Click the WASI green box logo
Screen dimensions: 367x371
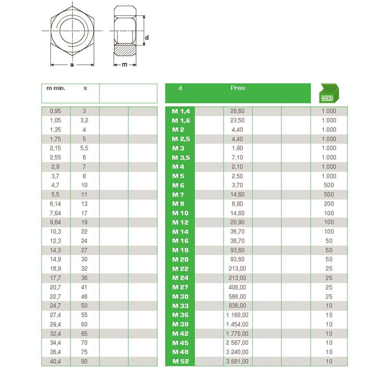coord(329,93)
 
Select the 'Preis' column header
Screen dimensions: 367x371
coord(238,88)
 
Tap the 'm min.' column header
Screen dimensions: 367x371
coord(56,88)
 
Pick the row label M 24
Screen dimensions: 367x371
coord(180,278)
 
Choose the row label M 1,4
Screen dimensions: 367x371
coord(181,111)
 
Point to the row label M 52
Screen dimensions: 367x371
coord(180,362)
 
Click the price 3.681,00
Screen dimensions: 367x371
coord(238,362)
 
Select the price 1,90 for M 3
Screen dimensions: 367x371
coord(237,148)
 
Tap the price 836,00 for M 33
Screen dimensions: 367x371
coord(237,306)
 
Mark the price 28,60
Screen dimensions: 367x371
coord(237,111)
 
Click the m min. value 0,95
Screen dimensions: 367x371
coord(55,111)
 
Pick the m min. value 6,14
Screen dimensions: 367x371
coord(55,204)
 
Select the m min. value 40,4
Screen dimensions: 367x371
coord(55,362)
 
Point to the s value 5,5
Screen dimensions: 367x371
coord(84,148)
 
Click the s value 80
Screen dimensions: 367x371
coord(84,362)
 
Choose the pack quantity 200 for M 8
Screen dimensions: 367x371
coord(329,204)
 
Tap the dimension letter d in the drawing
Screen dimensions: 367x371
coord(147,37)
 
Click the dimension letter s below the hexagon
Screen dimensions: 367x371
coord(72,65)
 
